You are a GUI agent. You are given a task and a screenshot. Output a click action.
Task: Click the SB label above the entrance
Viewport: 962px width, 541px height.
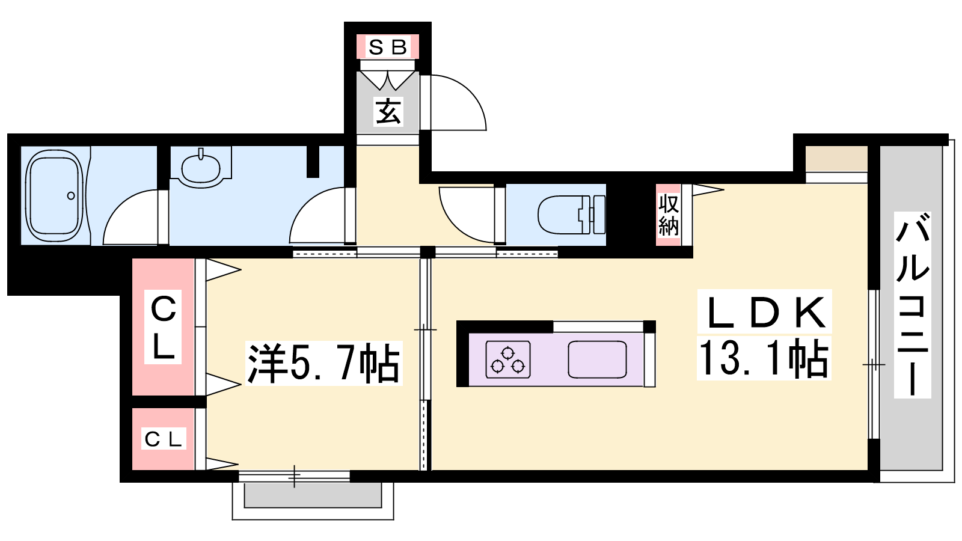[x=387, y=47]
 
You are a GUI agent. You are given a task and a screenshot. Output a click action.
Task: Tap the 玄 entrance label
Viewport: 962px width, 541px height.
[x=388, y=111]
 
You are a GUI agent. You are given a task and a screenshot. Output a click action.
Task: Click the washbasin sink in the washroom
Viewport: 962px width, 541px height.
[x=201, y=168]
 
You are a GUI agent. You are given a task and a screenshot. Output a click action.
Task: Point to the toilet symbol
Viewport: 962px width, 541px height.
[x=572, y=214]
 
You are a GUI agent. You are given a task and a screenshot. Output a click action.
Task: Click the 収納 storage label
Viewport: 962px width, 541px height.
[x=668, y=215]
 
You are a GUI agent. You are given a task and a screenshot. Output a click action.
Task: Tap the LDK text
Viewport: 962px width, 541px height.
[x=765, y=312]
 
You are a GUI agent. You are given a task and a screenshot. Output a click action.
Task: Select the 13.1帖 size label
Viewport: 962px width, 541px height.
[x=764, y=358]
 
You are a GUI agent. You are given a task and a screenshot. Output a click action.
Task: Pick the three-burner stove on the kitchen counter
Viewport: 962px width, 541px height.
[x=507, y=359]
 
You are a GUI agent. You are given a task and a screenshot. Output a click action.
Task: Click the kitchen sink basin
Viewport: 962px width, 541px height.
[x=597, y=359]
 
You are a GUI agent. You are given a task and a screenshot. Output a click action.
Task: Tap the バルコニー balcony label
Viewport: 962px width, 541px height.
[x=912, y=304]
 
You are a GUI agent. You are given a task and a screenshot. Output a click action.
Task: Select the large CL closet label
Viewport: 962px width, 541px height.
[x=163, y=328]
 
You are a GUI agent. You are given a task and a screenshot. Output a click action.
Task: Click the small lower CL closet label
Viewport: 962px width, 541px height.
[x=163, y=439]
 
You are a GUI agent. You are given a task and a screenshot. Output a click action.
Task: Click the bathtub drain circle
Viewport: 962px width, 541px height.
[x=71, y=196]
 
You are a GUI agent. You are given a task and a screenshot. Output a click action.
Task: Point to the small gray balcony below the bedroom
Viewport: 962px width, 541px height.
[x=313, y=495]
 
